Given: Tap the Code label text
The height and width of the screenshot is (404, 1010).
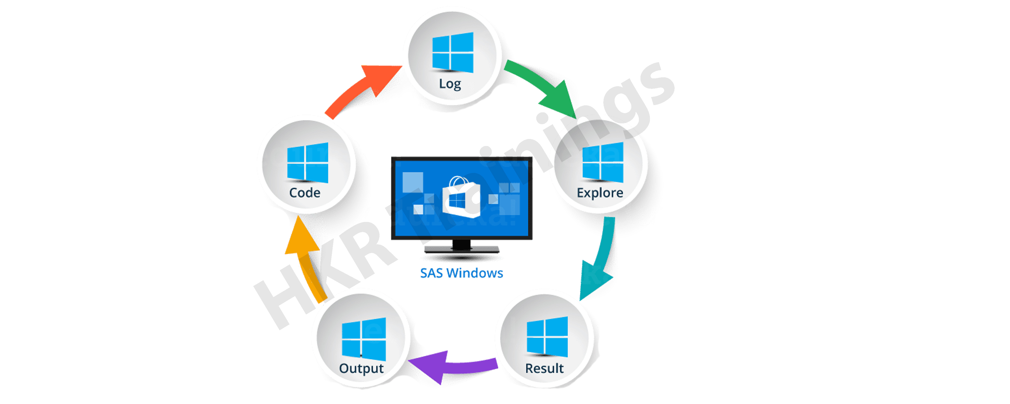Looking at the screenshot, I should (305, 193).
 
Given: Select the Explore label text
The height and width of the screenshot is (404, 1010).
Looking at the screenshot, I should (600, 193).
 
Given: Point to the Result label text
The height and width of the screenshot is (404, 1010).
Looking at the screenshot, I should (544, 368).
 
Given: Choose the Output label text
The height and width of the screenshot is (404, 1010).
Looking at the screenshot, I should (361, 368).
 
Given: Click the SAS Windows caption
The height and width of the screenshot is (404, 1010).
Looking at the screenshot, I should (461, 273).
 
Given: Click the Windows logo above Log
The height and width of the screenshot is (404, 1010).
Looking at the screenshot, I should (452, 52).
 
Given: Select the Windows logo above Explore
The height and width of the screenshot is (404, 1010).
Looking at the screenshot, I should (602, 162).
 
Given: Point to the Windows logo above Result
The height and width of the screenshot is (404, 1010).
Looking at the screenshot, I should (547, 337).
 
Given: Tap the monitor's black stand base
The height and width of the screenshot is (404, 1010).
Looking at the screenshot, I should (461, 249).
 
